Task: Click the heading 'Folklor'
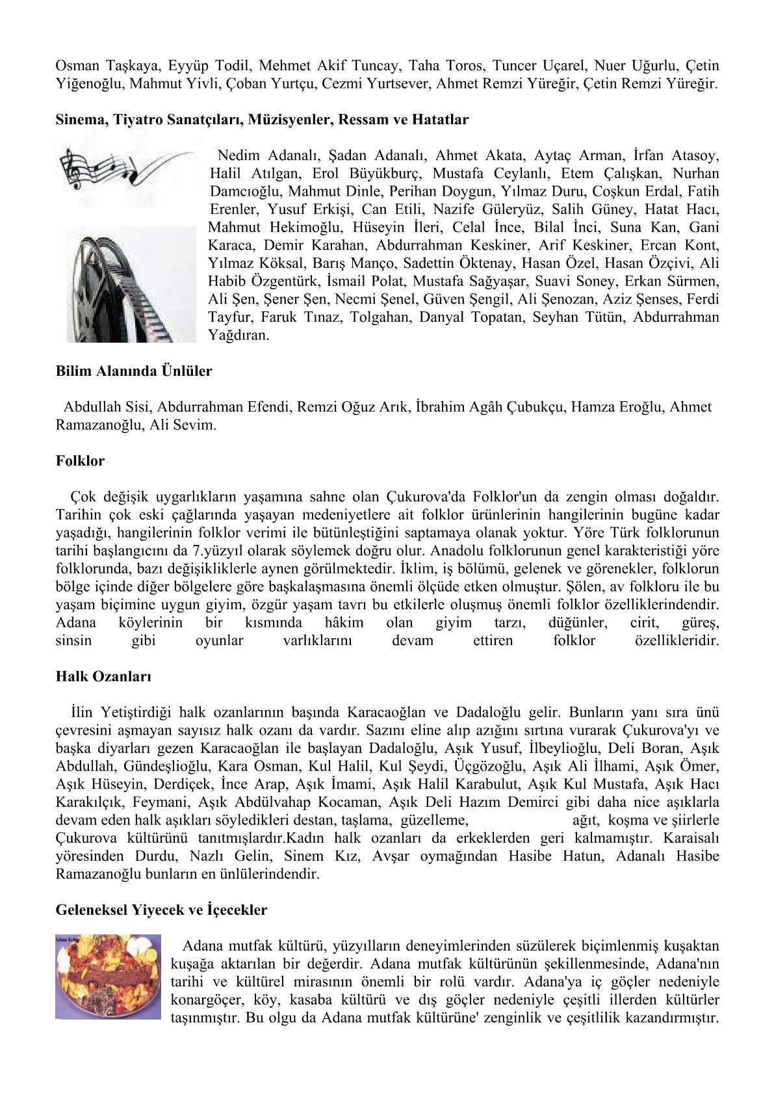80,461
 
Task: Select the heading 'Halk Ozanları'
103,676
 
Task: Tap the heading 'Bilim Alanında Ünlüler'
134,371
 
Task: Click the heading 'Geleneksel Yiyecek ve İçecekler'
161,910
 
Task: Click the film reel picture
131,285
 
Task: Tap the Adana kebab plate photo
108,977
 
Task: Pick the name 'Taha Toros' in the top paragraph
445,66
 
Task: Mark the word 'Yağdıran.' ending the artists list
239,336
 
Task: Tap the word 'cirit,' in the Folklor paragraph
644,623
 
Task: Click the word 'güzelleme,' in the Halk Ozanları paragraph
434,821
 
